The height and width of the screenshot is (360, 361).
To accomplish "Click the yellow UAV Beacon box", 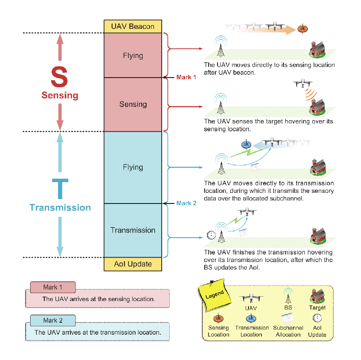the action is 133,26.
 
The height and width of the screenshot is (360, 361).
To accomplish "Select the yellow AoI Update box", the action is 133,264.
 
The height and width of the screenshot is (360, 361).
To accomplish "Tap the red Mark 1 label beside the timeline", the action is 186,77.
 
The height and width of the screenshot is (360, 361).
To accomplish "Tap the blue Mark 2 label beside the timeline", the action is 186,203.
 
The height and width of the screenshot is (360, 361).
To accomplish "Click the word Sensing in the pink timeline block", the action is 133,104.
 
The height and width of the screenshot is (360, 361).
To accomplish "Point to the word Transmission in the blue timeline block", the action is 133,230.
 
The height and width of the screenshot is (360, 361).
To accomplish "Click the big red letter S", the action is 59,77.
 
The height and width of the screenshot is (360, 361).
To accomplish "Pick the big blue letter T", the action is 60,188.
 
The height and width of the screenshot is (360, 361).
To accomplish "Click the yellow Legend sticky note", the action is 214,294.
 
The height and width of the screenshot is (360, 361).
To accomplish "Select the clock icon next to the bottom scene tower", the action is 211,235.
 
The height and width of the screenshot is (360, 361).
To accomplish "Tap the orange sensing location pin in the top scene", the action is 303,28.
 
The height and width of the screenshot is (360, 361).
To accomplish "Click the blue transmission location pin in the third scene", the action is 246,144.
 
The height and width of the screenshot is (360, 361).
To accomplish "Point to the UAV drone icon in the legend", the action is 251,297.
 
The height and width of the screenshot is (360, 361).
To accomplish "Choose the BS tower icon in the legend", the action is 288,296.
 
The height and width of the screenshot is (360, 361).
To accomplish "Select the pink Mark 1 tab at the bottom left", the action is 53,287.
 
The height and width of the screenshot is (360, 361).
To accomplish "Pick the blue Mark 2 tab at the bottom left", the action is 53,321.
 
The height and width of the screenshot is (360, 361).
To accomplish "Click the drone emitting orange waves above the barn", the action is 303,83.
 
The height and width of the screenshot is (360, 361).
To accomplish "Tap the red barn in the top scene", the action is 317,50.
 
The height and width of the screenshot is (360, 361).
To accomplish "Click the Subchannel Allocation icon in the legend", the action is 288,318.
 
